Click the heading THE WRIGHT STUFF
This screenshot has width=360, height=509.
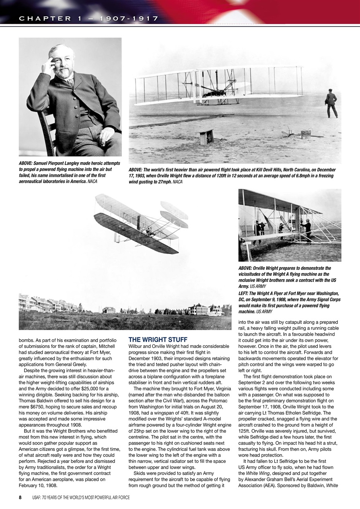click(x=158, y=340)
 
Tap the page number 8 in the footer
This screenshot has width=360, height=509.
click(x=20, y=497)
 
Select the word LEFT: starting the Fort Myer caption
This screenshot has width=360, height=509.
click(x=245, y=293)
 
